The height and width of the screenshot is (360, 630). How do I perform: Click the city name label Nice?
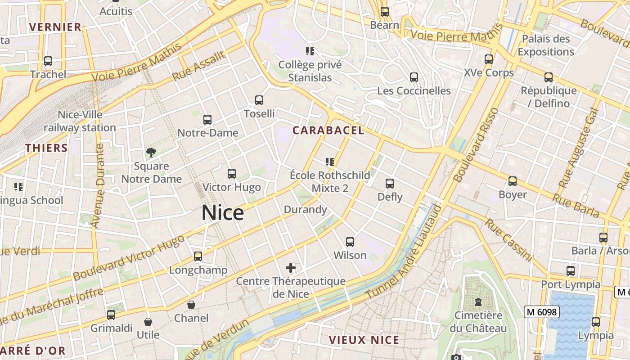click(223, 213)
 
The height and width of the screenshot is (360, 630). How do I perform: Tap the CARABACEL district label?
click(328, 130)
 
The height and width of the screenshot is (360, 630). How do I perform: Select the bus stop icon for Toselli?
click(259, 100)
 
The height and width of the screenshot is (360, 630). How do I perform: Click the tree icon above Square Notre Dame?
click(151, 153)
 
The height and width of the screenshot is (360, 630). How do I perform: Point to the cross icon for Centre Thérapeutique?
click(291, 268)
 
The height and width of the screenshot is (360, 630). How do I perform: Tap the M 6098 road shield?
click(541, 311)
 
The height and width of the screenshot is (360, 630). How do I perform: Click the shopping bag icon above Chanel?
click(191, 305)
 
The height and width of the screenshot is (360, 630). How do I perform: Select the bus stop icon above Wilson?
click(350, 242)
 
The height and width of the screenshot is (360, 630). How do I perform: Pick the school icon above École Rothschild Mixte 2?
click(330, 162)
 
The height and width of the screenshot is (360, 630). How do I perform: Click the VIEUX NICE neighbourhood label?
click(364, 340)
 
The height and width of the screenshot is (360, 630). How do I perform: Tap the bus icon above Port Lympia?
click(571, 271)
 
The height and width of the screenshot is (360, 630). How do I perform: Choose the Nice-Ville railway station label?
click(80, 121)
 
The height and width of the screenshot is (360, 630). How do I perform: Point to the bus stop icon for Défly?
click(390, 184)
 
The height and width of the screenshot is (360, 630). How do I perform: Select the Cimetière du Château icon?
click(478, 302)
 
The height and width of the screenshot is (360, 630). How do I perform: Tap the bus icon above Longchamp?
click(198, 256)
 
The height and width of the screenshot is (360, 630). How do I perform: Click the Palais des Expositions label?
click(545, 45)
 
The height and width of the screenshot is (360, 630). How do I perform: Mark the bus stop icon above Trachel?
click(48, 61)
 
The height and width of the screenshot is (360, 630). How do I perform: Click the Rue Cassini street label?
click(508, 240)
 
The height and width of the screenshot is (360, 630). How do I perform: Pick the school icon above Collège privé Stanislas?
click(310, 51)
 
